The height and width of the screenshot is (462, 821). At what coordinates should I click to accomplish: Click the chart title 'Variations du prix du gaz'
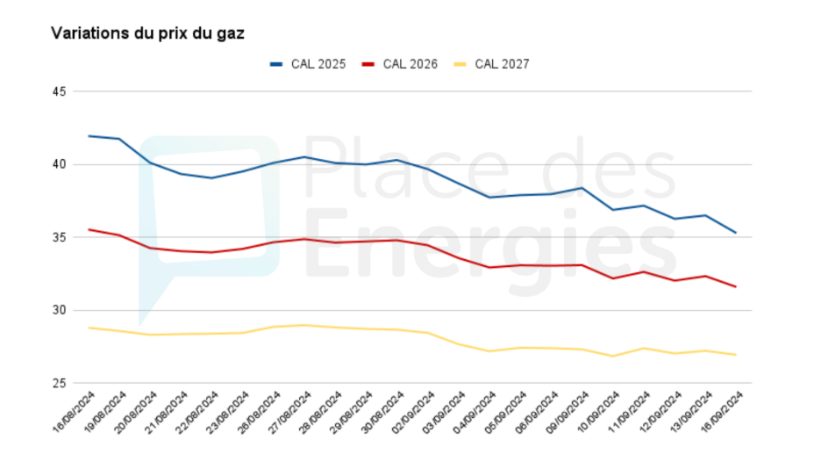(147, 32)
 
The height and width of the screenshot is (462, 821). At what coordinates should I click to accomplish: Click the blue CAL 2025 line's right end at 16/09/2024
(735, 233)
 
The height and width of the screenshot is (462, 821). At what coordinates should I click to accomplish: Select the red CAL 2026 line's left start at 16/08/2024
(89, 229)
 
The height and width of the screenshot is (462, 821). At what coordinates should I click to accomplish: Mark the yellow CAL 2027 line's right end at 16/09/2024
(735, 355)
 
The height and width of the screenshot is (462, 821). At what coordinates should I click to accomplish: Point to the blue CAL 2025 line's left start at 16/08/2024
(89, 136)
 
